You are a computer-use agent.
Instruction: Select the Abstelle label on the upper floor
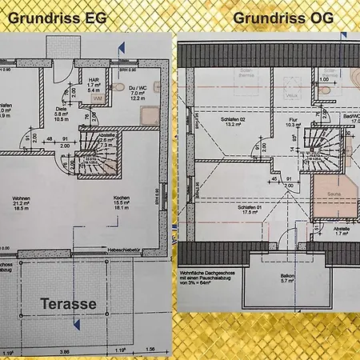(341, 229)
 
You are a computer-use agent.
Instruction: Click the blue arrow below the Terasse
(77, 323)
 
